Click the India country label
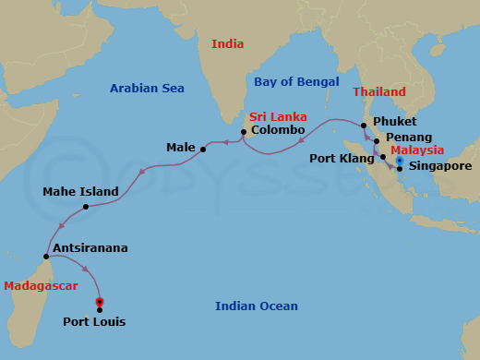(x=228, y=43)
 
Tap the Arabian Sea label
(x=147, y=89)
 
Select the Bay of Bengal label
(x=292, y=82)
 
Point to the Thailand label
(x=378, y=92)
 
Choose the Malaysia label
(x=417, y=150)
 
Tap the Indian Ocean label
(x=257, y=306)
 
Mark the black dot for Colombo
(x=243, y=132)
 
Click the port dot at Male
(x=203, y=148)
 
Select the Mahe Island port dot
(x=85, y=206)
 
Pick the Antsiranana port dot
(x=46, y=257)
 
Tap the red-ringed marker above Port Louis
(x=100, y=301)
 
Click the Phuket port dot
(x=365, y=125)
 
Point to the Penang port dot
(x=377, y=140)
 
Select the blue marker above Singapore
(x=400, y=161)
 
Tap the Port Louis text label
(x=94, y=322)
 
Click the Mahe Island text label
(x=80, y=192)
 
